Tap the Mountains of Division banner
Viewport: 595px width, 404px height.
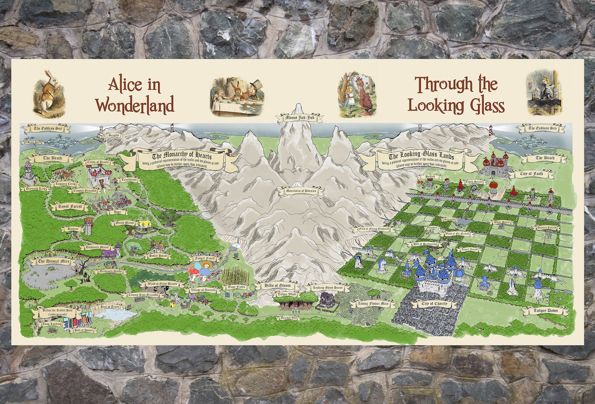[x=300, y=191]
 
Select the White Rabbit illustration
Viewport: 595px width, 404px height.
[x=46, y=92]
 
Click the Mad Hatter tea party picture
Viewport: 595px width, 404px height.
[x=236, y=96]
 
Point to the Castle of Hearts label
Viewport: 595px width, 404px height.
[x=98, y=162]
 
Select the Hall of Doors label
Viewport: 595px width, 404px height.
[x=84, y=330]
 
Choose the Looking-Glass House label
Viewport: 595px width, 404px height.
[x=325, y=288]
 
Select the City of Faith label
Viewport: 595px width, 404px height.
[x=531, y=174]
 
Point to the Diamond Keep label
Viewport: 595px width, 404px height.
[x=36, y=189]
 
